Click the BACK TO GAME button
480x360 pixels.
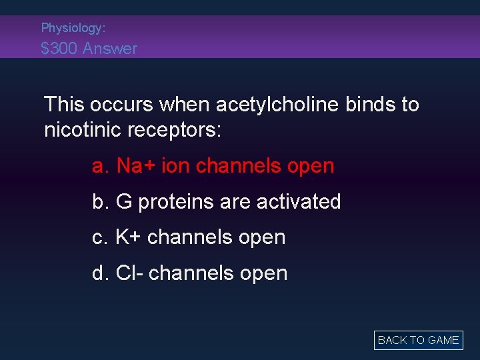(x=418, y=340)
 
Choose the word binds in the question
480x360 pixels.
(x=369, y=105)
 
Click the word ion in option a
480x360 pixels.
(x=175, y=166)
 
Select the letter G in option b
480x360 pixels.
(x=124, y=202)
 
